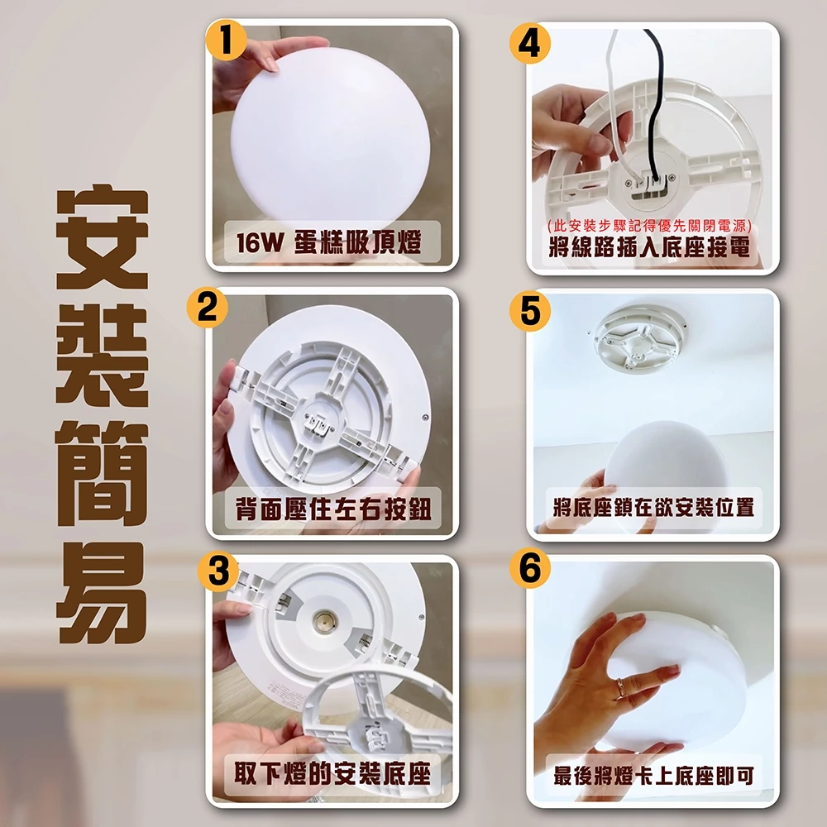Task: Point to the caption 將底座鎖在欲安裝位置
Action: click(x=653, y=507)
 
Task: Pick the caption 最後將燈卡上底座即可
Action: click(x=653, y=776)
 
